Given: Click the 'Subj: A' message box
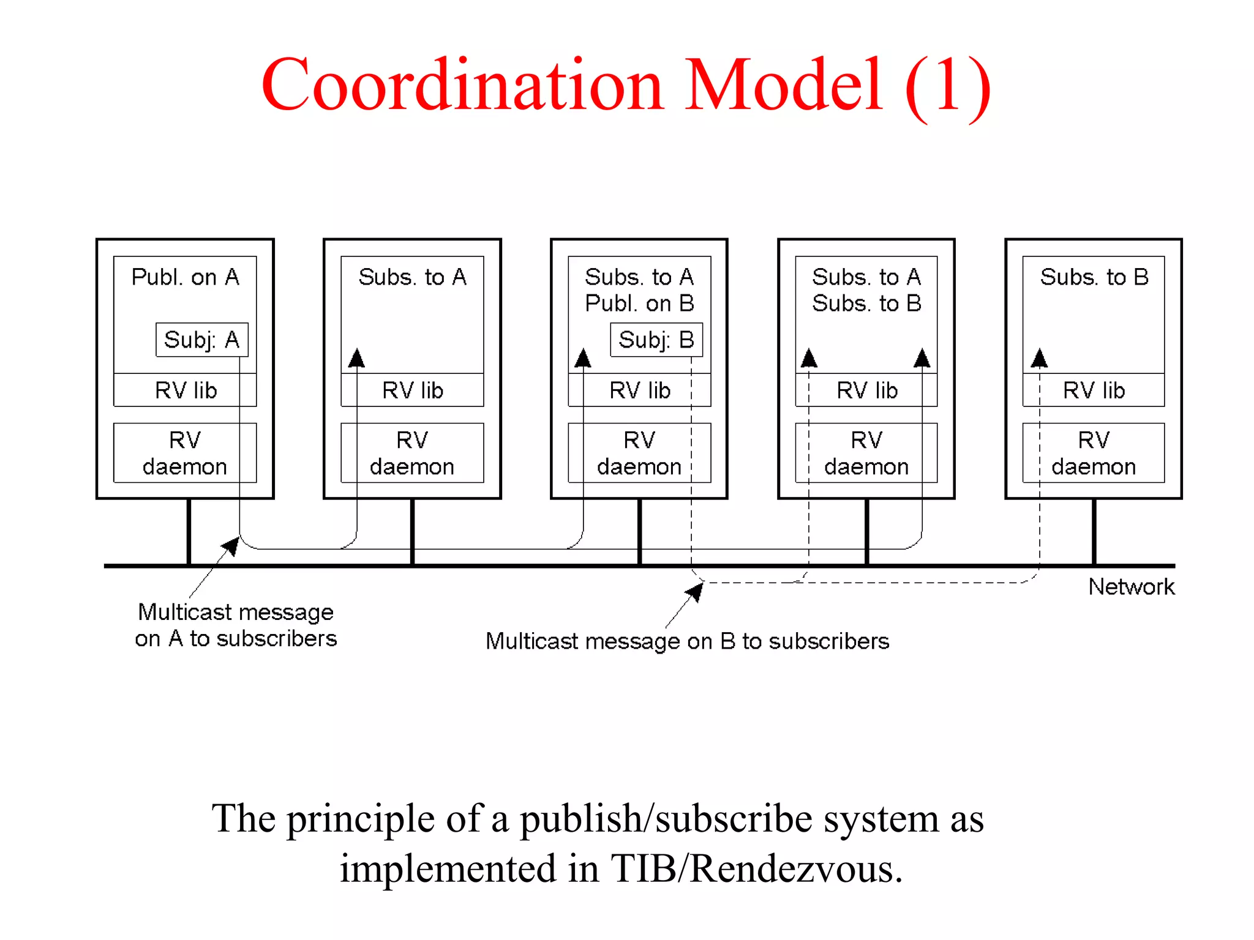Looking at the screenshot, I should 201,340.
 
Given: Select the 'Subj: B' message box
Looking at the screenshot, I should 656,340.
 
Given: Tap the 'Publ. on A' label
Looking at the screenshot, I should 185,277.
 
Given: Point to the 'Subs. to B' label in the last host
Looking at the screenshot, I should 1094,277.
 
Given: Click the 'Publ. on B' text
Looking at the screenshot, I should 639,304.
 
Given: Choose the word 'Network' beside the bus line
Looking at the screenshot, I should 1131,587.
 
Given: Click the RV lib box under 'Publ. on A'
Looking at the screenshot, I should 185,390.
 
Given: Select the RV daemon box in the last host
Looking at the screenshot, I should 1094,453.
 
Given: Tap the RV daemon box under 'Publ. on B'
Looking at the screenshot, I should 639,453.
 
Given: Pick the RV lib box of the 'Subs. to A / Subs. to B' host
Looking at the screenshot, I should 866,390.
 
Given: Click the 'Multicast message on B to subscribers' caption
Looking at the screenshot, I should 687,641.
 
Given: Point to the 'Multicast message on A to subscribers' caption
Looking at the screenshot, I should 236,625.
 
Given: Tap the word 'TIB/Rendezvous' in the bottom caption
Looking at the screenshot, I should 757,868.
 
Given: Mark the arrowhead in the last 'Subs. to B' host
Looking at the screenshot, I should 1039,358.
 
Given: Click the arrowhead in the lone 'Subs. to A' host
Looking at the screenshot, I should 356,358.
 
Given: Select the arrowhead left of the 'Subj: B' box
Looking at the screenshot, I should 583,358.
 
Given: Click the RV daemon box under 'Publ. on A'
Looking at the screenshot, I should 185,453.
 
